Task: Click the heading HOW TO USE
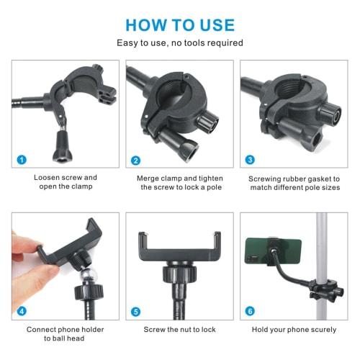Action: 180,25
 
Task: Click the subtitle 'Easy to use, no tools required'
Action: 180,43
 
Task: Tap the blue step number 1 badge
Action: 22,159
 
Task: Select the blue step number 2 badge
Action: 135,159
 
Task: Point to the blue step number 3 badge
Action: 250,159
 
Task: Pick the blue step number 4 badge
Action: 22,311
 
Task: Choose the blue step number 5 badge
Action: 135,311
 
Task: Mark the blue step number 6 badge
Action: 250,311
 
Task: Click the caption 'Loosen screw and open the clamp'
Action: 66,181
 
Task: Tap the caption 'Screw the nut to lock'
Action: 179,330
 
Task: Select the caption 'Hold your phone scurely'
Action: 294,330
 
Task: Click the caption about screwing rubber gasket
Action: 294,181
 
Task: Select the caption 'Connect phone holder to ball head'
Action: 66,333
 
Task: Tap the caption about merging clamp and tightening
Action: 179,181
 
